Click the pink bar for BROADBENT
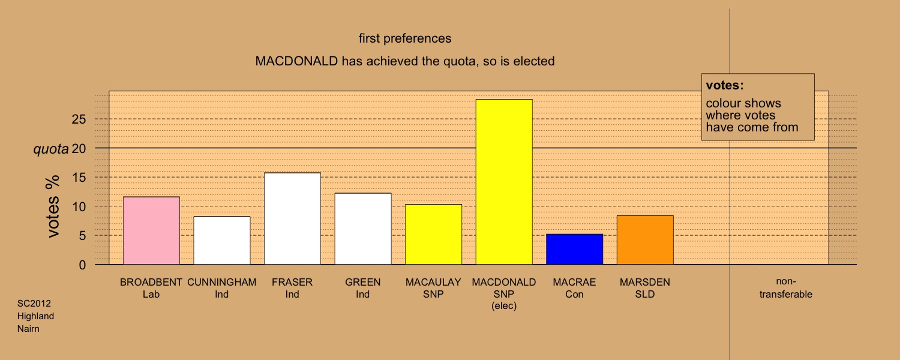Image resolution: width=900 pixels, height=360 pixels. pos(151,230)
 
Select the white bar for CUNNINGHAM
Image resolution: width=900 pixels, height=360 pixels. pos(222,240)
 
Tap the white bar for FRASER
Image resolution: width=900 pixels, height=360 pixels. pos(292,218)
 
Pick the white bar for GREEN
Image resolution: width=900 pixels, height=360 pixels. pos(363,229)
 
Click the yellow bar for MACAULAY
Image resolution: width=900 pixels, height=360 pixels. pos(433,234)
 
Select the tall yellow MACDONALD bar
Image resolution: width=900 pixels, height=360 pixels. pos(504,182)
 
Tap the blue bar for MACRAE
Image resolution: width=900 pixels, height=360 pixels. pos(574,249)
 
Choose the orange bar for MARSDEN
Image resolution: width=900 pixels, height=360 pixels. pos(645,240)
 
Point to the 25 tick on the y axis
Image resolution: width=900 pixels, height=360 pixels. pos(79,119)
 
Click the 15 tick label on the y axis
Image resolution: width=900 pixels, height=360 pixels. pos(79,177)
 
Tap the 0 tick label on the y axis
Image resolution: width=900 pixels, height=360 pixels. pos(82,265)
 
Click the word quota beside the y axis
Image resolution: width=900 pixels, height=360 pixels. pos(51,149)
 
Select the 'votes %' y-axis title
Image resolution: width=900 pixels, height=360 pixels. pos(53,206)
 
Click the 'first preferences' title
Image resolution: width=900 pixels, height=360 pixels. pos(405,38)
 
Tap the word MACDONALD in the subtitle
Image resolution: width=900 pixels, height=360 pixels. pos(296,61)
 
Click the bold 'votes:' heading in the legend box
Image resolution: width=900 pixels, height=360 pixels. pos(725,85)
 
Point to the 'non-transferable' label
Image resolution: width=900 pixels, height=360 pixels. pos(786,287)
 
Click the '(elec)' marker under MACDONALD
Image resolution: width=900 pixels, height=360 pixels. pos(504,306)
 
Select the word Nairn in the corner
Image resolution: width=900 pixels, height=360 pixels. pos(28,329)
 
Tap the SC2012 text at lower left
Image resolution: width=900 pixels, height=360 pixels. pos(34,304)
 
